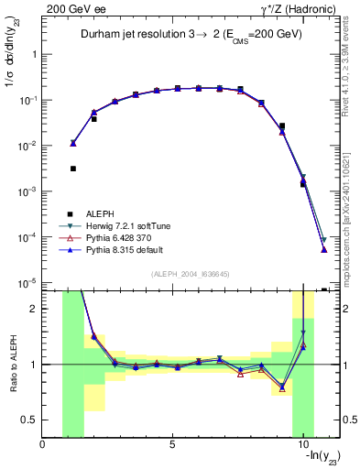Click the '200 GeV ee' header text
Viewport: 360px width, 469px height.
(x=71, y=7)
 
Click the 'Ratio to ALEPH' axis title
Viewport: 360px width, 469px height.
(x=12, y=364)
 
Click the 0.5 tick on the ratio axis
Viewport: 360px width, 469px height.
(x=29, y=420)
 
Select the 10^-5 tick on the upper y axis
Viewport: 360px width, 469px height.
(x=27, y=283)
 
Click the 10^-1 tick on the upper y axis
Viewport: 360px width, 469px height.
(x=27, y=100)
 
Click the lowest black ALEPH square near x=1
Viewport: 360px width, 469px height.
(x=72, y=169)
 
